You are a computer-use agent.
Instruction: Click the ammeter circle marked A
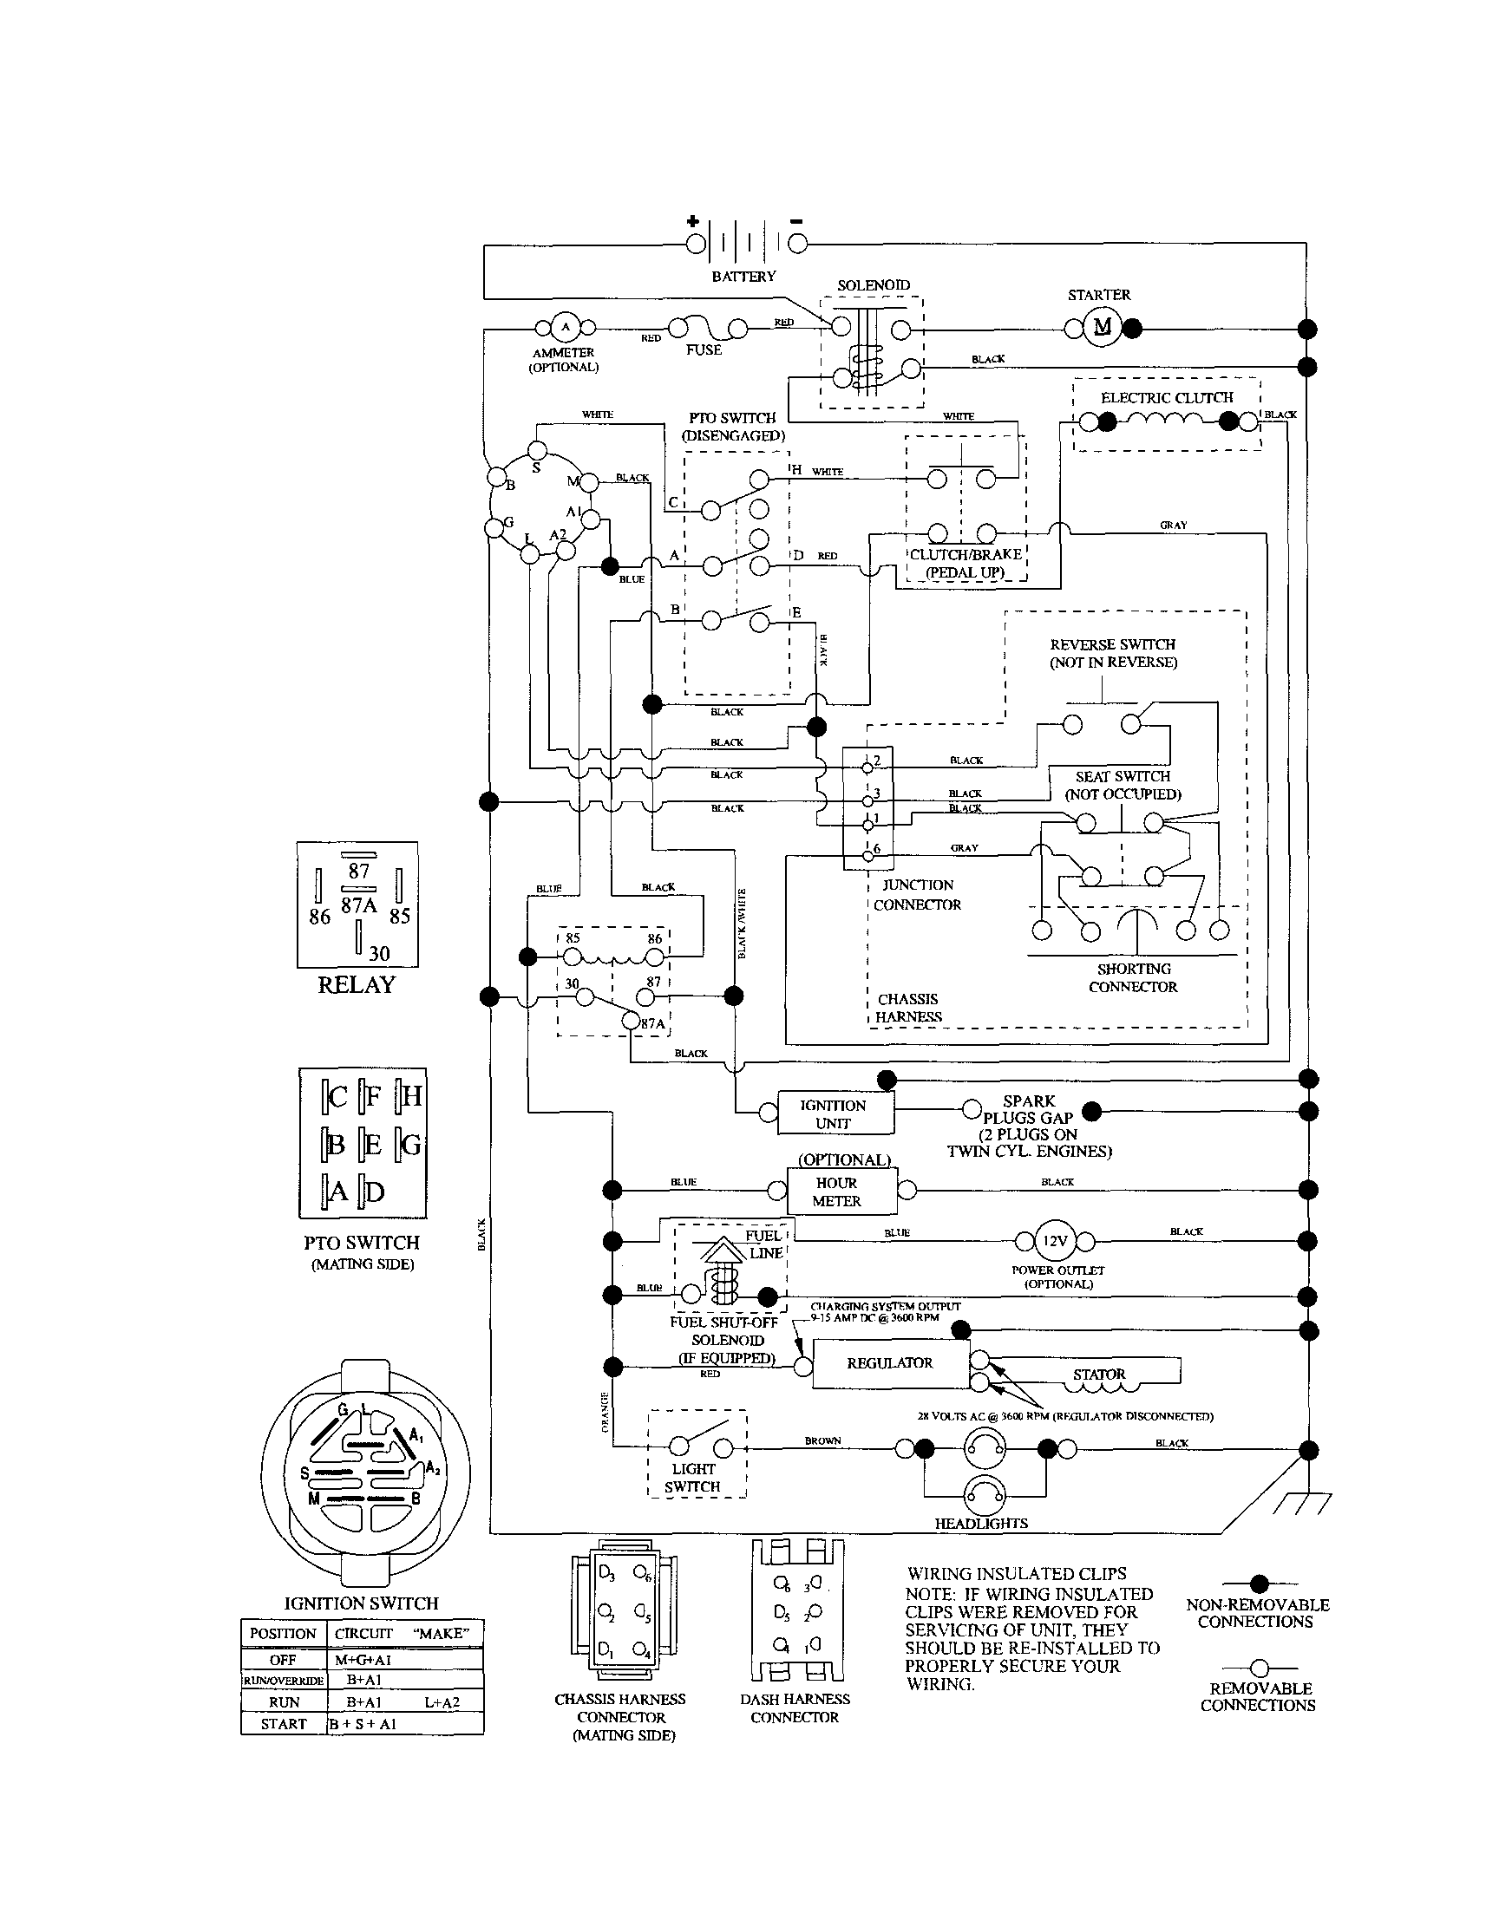click(565, 328)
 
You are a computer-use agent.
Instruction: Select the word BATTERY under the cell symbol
click(744, 276)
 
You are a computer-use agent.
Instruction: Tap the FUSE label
click(704, 349)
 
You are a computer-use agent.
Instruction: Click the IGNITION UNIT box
click(834, 1113)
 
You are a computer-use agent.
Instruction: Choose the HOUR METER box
click(837, 1192)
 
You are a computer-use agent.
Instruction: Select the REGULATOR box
click(890, 1362)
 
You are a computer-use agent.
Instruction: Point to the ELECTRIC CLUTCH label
click(1167, 397)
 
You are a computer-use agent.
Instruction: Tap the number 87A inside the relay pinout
click(359, 904)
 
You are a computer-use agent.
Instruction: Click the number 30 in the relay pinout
click(379, 953)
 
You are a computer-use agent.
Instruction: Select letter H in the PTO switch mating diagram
click(410, 1095)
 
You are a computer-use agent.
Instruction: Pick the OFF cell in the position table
click(283, 1660)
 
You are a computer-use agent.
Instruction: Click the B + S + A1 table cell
click(363, 1724)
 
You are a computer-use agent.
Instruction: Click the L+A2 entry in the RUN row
click(442, 1702)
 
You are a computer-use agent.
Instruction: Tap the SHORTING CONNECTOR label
click(1133, 977)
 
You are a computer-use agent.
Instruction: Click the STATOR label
click(1099, 1374)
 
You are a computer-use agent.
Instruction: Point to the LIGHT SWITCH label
click(694, 1478)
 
